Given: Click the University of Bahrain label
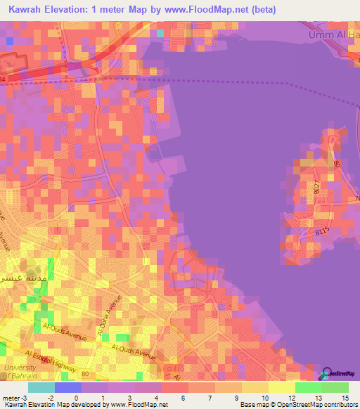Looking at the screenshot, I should click(x=18, y=372).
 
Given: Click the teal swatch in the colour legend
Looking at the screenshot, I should click(x=41, y=387).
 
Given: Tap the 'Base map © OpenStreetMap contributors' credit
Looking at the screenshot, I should click(x=297, y=405).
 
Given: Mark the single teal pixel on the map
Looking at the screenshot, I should click(x=160, y=32).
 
